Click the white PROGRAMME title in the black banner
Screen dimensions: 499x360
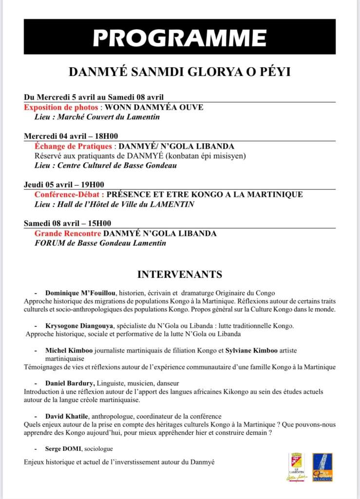pos(180,37)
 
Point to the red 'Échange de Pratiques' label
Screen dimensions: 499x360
pos(74,146)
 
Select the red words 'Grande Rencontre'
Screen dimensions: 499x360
pos(68,233)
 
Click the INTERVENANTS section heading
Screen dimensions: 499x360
pos(180,274)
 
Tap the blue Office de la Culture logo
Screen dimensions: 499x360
pos(322,467)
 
